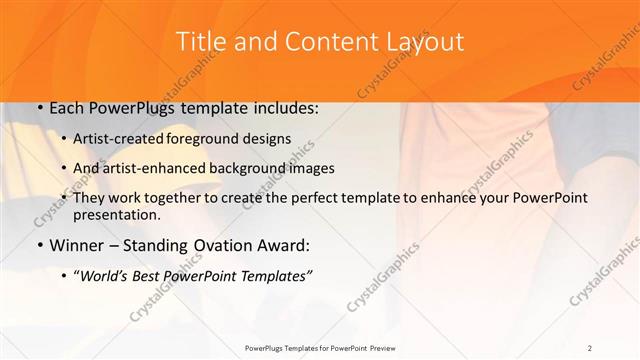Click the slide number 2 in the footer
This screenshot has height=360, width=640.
pyautogui.click(x=590, y=347)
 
